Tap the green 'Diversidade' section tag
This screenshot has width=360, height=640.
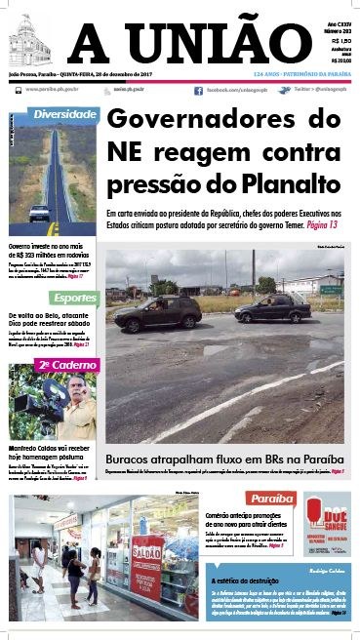tap(64, 114)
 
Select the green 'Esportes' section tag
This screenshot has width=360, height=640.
tap(74, 297)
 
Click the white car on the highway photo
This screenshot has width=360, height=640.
tap(39, 212)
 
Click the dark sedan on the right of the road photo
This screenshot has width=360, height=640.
tap(272, 308)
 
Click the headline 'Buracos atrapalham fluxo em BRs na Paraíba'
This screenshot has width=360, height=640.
tap(223, 458)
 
